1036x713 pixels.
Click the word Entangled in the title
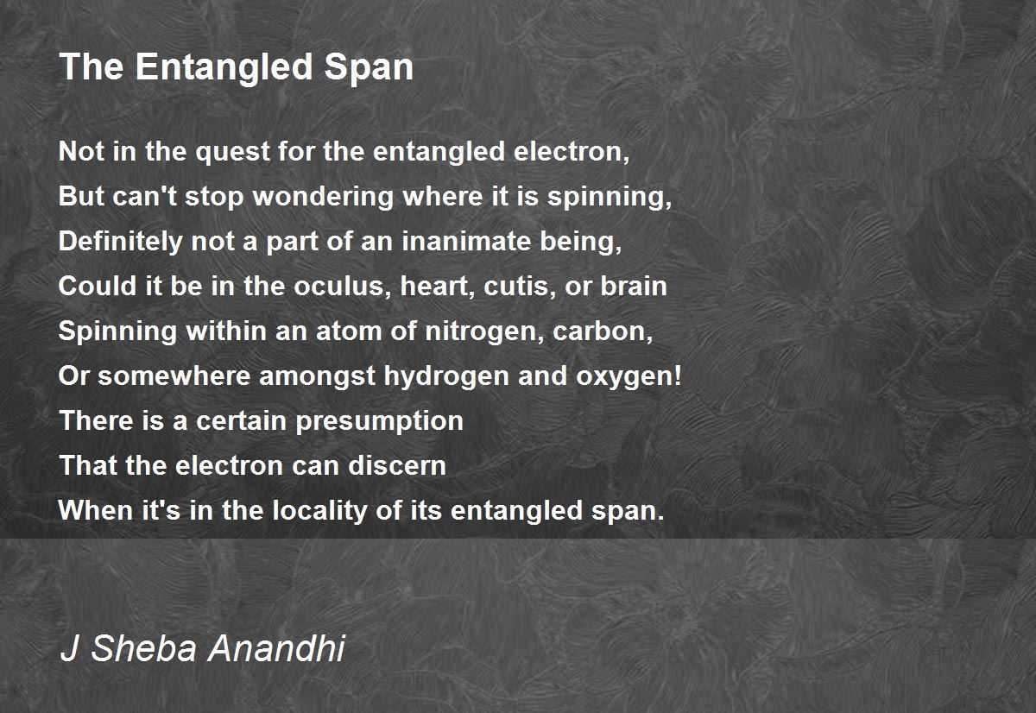point(224,68)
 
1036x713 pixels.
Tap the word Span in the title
point(369,67)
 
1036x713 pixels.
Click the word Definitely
point(120,243)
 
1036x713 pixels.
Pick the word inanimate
point(466,242)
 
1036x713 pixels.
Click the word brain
point(633,287)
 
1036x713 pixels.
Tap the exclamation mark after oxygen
point(678,375)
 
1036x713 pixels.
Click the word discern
point(397,465)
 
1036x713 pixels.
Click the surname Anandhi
point(276,647)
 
